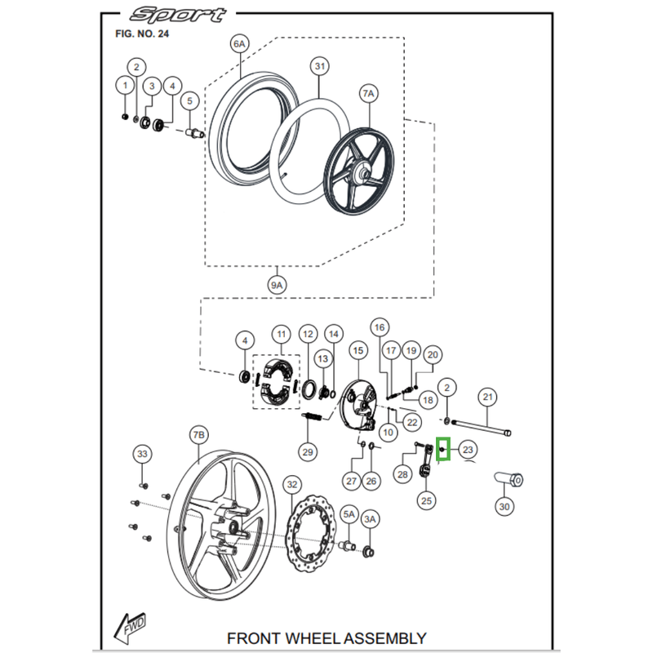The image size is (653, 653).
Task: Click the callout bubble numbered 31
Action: [x=318, y=66]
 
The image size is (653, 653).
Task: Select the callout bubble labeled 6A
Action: [x=238, y=44]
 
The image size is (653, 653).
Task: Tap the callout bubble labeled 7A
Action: [x=368, y=94]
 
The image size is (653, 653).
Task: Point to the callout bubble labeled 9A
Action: [x=277, y=285]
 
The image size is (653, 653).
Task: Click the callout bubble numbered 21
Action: [x=486, y=398]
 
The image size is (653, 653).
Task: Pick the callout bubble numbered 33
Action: [x=143, y=453]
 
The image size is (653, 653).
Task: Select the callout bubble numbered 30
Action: [x=505, y=506]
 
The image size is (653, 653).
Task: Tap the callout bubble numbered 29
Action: [x=308, y=451]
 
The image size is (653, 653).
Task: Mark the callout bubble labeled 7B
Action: [x=199, y=437]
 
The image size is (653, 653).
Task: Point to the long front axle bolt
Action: [x=482, y=428]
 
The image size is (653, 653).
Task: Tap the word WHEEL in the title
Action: [x=314, y=637]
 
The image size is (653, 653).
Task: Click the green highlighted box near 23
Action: [x=443, y=449]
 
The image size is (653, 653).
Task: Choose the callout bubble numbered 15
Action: [x=357, y=350]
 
